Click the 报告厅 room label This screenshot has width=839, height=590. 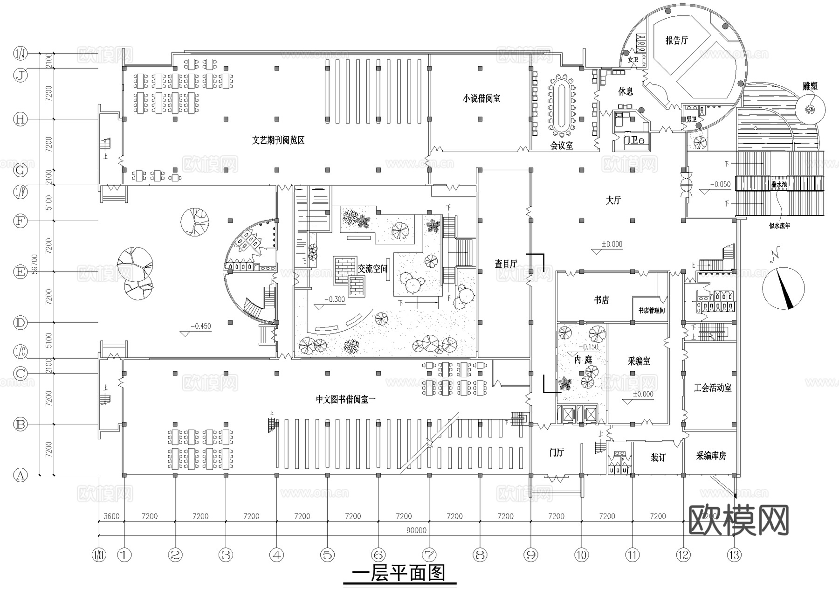point(676,41)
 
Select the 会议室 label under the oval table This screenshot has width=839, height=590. point(561,146)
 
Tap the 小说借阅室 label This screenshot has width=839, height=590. point(481,98)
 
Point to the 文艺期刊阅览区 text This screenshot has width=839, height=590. point(278,140)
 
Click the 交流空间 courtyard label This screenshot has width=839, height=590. point(372,269)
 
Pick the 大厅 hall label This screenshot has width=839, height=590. point(613,201)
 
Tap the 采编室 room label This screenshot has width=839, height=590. point(639,361)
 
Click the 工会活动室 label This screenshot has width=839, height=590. point(712,388)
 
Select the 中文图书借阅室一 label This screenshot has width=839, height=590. point(345,399)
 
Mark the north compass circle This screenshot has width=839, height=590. point(784,288)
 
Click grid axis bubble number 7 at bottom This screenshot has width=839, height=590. point(429,555)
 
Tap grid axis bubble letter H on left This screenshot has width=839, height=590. point(20,119)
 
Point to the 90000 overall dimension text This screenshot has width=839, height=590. point(416,530)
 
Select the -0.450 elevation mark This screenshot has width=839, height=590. point(200,326)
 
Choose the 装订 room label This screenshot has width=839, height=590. point(658,458)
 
